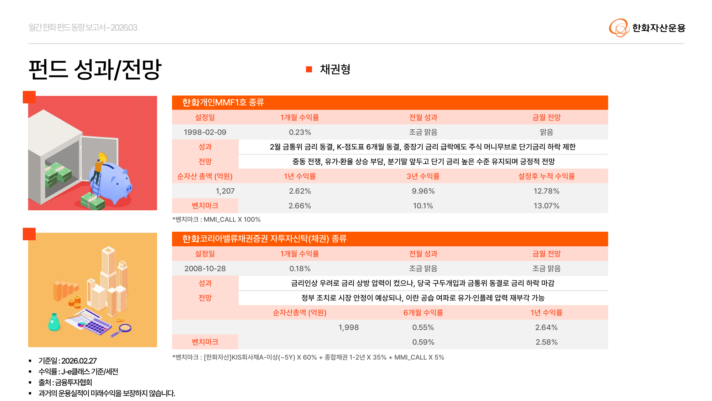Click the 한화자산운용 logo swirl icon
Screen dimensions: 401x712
(619, 28)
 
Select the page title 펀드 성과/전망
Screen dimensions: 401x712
(95, 69)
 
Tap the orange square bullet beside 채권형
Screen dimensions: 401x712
(309, 69)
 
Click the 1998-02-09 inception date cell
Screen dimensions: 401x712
(205, 132)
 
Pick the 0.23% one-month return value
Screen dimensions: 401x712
(300, 132)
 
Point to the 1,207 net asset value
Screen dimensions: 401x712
(225, 191)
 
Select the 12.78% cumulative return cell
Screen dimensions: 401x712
(546, 191)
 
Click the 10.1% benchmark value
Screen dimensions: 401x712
(423, 206)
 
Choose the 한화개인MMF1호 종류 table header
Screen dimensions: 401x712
(223, 103)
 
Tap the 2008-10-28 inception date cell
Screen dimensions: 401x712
(205, 268)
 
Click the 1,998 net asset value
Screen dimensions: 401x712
(348, 327)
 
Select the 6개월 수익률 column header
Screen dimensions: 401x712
(423, 313)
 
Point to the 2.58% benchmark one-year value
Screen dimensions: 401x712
(546, 342)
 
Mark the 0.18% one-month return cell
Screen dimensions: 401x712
(300, 268)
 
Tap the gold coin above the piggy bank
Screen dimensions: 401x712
(103, 157)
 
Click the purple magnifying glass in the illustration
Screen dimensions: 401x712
(123, 329)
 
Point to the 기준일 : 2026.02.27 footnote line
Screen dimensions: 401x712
(67, 361)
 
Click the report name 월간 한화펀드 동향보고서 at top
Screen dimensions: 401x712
(83, 27)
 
